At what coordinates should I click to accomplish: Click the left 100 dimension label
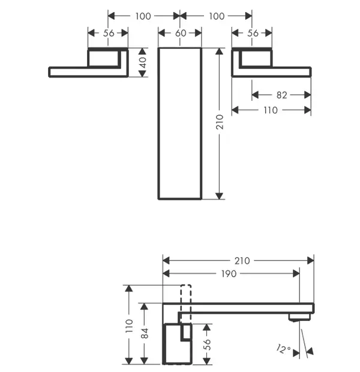[143, 16]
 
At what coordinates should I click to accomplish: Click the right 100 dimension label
[217, 16]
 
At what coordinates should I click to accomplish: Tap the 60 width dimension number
[181, 33]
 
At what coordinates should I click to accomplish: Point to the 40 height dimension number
[143, 62]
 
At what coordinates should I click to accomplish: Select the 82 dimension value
[281, 95]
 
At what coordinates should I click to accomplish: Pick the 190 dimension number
[229, 274]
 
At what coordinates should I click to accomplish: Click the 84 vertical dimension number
[145, 333]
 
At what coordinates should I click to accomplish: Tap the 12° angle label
[283, 349]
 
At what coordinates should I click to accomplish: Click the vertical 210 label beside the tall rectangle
[220, 122]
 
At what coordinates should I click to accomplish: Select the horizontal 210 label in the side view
[242, 261]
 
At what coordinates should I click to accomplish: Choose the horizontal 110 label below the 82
[271, 110]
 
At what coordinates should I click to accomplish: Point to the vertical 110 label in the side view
[129, 326]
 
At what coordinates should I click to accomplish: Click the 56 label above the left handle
[109, 33]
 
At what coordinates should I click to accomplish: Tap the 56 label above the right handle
[253, 33]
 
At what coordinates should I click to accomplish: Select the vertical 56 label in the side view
[207, 344]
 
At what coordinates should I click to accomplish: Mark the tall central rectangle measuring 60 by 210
[158, 124]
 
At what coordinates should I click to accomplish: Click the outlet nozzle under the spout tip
[300, 317]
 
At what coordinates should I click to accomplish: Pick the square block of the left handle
[88, 58]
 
